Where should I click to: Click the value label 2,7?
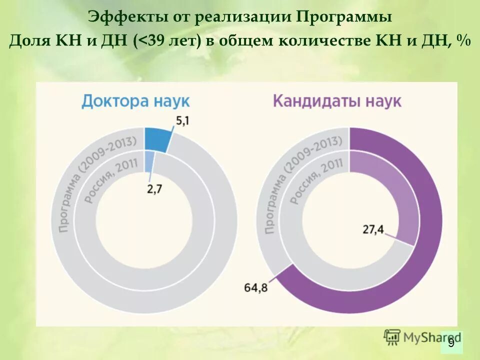coord(153,188)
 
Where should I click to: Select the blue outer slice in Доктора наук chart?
coord(156,139)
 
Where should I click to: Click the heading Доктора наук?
coord(135,101)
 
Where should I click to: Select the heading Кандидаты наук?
coord(336,101)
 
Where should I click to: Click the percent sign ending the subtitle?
coord(462,40)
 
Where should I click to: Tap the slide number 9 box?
coord(451,342)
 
